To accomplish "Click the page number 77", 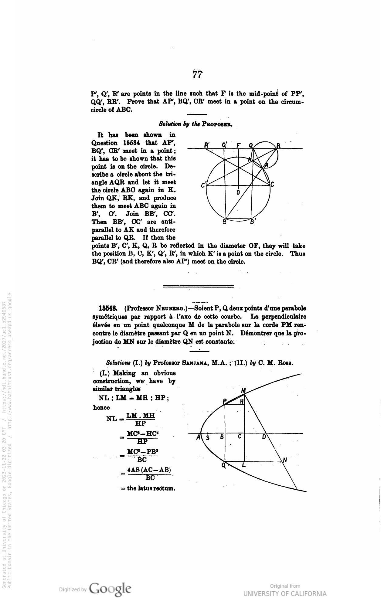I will point(197,74).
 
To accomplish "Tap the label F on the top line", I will point(238,145).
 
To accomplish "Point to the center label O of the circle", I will point(238,192).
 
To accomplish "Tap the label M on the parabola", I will point(243,391).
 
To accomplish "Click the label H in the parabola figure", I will point(242,401).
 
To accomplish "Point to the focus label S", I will point(208,437).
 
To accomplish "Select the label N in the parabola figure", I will point(285,460).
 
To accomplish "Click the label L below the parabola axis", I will point(243,465).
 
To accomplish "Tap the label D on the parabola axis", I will point(264,437).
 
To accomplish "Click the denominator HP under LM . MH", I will point(141,423).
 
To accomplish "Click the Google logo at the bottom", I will point(111,589).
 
